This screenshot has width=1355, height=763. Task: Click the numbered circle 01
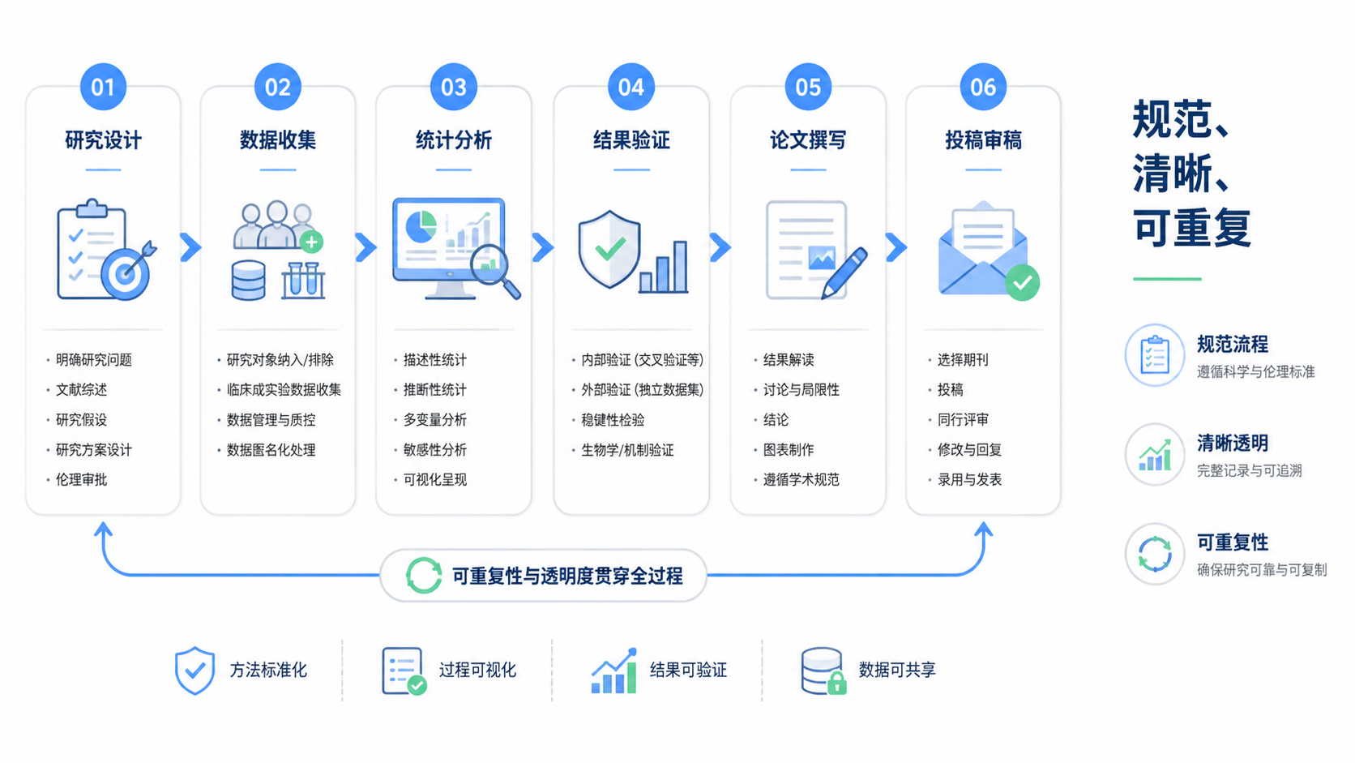(103, 87)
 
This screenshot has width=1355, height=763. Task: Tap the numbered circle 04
(631, 87)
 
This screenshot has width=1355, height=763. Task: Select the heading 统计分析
(453, 139)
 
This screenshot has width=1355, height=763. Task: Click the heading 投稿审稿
(983, 139)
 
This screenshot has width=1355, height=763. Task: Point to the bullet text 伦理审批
(81, 480)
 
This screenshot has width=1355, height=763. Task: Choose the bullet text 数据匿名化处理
(271, 449)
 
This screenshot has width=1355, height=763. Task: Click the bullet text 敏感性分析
(435, 449)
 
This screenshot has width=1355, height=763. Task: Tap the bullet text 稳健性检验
(613, 420)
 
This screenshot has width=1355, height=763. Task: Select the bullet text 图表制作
(789, 449)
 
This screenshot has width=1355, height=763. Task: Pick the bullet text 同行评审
(963, 420)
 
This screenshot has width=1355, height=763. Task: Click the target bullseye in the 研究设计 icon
(126, 274)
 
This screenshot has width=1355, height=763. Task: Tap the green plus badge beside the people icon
(311, 242)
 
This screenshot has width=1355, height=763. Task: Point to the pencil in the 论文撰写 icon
(844, 273)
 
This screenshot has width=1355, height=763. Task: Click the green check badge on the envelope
(1022, 282)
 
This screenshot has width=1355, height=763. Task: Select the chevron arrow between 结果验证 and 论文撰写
(720, 246)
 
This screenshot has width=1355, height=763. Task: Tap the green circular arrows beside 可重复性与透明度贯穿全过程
(423, 575)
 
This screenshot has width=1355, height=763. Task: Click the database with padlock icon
(823, 671)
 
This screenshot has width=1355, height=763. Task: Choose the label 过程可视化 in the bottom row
(477, 670)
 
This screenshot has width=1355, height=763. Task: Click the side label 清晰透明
(1232, 444)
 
